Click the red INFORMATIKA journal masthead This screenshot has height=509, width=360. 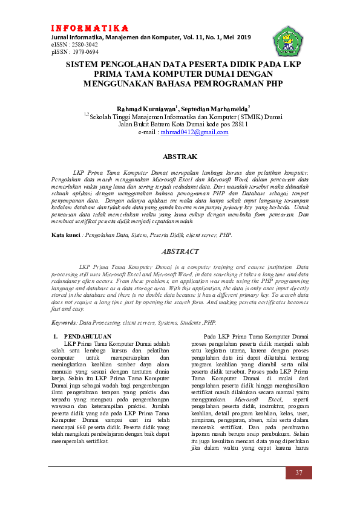[90, 28]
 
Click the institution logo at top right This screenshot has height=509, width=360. [286, 41]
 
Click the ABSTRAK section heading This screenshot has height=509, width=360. [180, 157]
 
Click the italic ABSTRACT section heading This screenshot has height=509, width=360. [180, 251]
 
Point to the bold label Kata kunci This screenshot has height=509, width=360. [66, 233]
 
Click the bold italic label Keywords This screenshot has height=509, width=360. [64, 323]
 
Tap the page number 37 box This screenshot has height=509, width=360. [299, 473]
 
